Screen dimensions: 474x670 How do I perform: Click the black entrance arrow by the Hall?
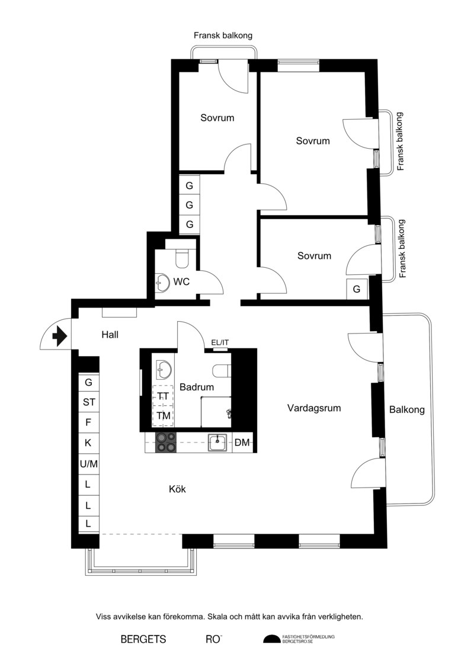[60, 336]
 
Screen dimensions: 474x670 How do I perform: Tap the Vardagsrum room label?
[314, 408]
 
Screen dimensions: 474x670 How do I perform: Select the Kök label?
[177, 489]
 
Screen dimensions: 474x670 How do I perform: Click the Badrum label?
[197, 387]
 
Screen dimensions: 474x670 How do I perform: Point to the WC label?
[181, 282]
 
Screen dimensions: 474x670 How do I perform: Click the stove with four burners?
[166, 443]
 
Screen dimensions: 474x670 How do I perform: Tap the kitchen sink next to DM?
[219, 443]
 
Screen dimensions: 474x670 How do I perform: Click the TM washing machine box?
[164, 416]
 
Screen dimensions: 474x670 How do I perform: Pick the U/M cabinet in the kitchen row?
[88, 464]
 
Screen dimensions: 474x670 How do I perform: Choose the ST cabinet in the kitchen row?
[88, 402]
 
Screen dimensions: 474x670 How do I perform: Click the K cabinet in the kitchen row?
[88, 443]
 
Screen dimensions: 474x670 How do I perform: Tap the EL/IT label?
[220, 342]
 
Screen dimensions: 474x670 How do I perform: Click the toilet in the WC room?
[182, 257]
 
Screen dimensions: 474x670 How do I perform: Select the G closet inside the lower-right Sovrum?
[357, 289]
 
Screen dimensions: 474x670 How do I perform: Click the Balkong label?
[407, 410]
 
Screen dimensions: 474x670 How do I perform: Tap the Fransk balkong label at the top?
[223, 36]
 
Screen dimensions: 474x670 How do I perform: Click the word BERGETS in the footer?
[143, 639]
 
